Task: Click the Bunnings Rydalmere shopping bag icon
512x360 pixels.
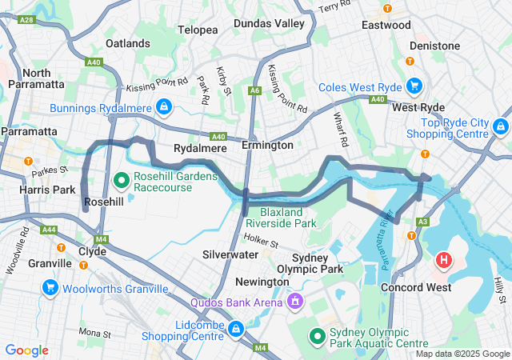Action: pos(163,106)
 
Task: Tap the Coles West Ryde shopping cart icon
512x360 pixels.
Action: pos(414,86)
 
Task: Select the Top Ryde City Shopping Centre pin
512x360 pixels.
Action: pos(501,126)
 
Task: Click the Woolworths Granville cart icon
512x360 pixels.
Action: pos(50,287)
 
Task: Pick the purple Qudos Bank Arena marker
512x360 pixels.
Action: pos(295,302)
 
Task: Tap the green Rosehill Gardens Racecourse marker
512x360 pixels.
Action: pos(122,181)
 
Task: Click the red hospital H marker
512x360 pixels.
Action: pos(443,261)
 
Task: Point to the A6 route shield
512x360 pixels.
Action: pos(254,91)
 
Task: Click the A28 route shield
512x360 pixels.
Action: pos(26,18)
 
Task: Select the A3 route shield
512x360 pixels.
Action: pos(422,221)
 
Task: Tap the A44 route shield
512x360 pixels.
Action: pos(49,229)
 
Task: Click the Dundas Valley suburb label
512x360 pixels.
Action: pos(269,23)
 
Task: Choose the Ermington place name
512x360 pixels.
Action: pos(268,146)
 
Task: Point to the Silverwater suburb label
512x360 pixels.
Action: pos(230,254)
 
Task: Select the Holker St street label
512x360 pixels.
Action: pos(260,238)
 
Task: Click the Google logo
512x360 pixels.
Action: pos(26,350)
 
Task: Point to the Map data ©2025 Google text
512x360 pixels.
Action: pos(462,354)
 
